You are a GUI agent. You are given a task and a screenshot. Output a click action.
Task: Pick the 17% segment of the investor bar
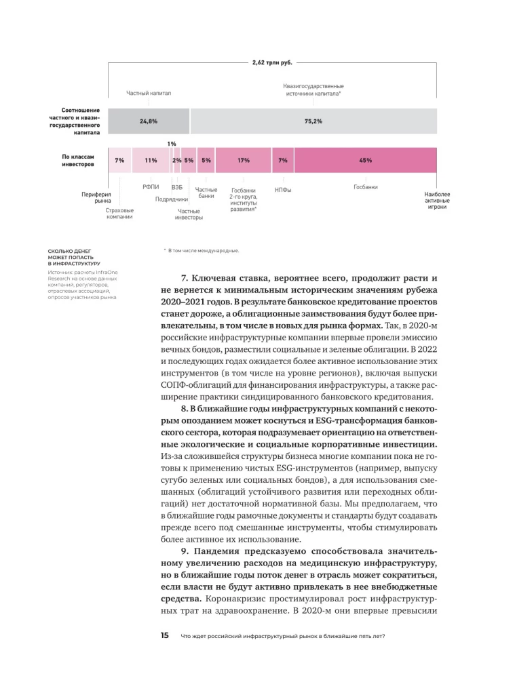click(x=243, y=160)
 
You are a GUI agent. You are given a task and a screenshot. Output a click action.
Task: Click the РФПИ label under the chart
click(x=151, y=186)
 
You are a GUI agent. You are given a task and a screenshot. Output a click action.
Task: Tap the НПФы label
click(x=283, y=190)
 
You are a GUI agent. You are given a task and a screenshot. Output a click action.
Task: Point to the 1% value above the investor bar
click(x=172, y=144)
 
